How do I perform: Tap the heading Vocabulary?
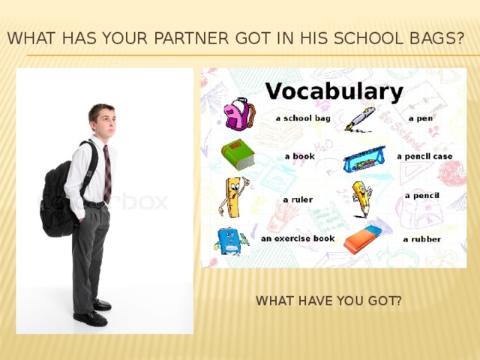click(334, 91)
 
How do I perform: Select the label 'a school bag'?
click(303, 118)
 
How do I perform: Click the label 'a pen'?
click(420, 118)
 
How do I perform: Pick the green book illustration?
click(238, 154)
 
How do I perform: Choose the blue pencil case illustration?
click(364, 159)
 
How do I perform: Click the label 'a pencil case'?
click(424, 157)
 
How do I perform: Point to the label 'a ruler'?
click(298, 199)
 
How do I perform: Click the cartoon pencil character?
click(362, 198)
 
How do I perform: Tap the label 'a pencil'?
click(421, 196)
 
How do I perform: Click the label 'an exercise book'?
click(298, 238)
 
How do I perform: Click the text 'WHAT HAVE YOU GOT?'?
click(328, 301)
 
